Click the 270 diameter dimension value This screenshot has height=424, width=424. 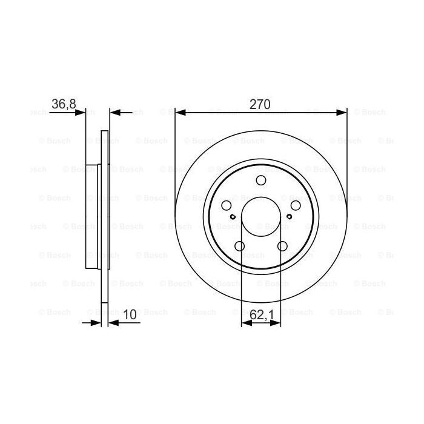(260, 104)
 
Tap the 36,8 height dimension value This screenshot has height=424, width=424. (63, 104)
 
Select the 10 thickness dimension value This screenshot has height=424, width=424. (128, 314)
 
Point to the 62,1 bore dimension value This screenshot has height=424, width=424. (261, 314)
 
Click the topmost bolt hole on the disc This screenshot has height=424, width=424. (261, 181)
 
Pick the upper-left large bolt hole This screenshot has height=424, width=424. (225, 206)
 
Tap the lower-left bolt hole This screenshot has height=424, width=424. (239, 247)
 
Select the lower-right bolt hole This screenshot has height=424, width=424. (283, 247)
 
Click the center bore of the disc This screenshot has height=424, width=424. (261, 218)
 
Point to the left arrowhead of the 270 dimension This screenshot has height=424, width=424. (179, 112)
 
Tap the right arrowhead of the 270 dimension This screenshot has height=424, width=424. (343, 112)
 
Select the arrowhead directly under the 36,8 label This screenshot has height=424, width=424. (82, 112)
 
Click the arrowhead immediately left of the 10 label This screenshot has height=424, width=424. (113, 323)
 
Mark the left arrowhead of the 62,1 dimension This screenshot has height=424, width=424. (245, 323)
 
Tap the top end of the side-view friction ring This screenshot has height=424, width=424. (104, 133)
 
